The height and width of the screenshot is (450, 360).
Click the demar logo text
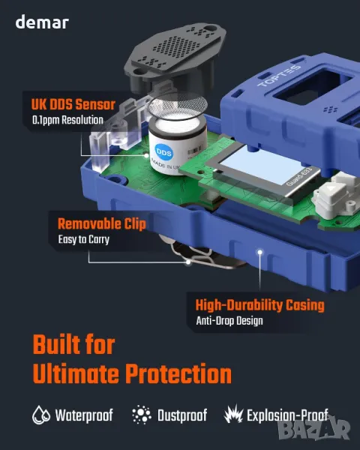click(x=42, y=22)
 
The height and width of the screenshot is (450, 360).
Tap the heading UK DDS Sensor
click(x=73, y=104)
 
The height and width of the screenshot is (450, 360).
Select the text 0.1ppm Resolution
click(x=67, y=120)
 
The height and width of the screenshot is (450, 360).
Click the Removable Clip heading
click(x=102, y=223)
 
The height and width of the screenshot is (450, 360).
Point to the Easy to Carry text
click(x=84, y=239)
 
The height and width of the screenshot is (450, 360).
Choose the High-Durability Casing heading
click(x=259, y=305)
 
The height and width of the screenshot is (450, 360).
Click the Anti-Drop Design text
click(x=229, y=320)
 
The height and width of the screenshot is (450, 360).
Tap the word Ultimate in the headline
click(x=76, y=373)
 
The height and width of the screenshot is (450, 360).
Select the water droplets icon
click(x=41, y=415)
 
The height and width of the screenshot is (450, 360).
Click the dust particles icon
click(x=142, y=415)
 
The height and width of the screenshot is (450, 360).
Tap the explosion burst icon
click(x=234, y=414)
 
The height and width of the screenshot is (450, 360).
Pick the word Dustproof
click(x=182, y=415)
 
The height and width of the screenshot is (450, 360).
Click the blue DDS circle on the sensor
click(x=163, y=153)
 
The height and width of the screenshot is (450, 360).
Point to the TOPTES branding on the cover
click(x=279, y=76)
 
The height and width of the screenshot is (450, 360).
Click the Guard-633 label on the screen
click(x=298, y=176)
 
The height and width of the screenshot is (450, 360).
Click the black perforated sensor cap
click(x=175, y=55)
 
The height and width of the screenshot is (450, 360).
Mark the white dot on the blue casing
click(x=259, y=252)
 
